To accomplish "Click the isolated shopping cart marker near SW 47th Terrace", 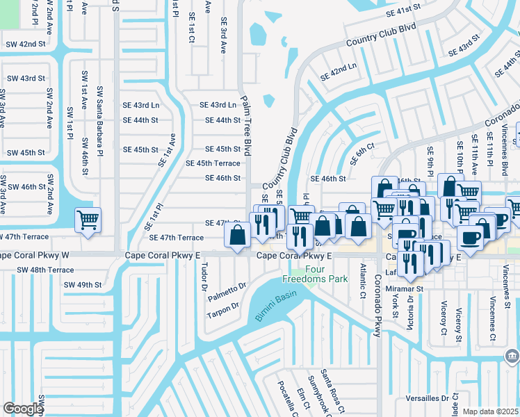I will [88, 220].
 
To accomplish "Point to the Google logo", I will [23, 409].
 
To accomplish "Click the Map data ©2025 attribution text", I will [490, 411].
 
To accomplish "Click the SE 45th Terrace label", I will [213, 163].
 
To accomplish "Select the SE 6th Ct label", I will [362, 154].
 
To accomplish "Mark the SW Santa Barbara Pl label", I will [100, 121].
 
